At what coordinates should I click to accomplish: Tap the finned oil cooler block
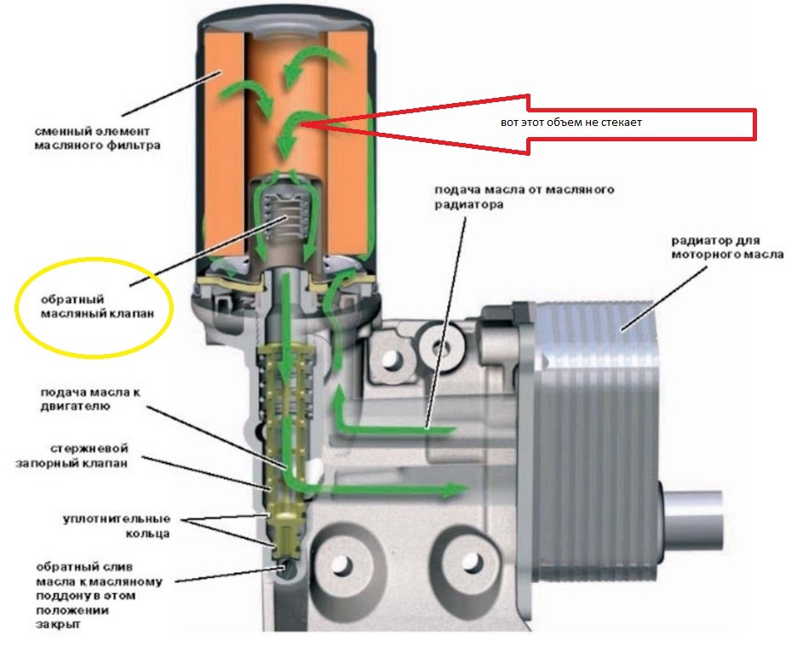coord(596,409)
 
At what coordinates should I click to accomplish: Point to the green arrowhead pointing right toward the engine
coord(460,489)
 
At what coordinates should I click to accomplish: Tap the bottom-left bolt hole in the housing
coord(341,567)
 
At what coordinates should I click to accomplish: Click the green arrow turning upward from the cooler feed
coord(341,400)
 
